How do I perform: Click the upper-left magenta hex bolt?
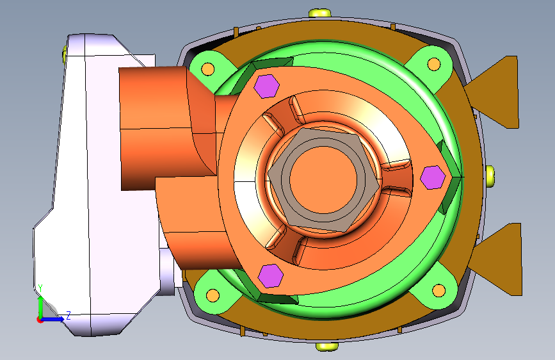pos(267,86)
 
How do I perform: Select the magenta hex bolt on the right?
pos(433,177)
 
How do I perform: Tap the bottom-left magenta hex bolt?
pos(271,275)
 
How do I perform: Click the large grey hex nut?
pos(323,180)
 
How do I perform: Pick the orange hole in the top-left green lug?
pos(208,69)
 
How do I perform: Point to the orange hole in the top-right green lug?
pos(434,65)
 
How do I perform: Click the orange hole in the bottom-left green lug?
pos(213,295)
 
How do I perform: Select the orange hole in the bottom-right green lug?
pos(439,291)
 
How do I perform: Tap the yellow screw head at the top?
pos(319,13)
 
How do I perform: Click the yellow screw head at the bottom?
pos(327,346)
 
